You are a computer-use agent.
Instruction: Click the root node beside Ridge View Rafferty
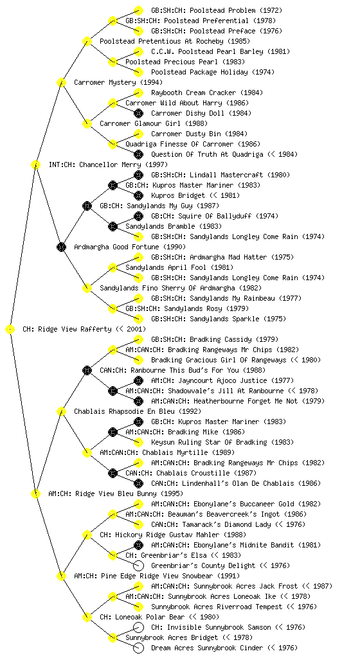coord(10,330)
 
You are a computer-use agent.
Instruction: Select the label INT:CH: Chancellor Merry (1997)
coord(108,164)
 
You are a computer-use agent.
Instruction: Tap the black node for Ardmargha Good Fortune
coord(61,247)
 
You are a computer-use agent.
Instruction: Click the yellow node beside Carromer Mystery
coord(61,82)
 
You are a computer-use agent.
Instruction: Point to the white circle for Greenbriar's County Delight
coord(138,565)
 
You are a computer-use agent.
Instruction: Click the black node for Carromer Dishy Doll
coord(138,113)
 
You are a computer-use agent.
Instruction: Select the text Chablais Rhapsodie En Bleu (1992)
coord(138,411)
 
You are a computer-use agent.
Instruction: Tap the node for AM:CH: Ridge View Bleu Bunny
coord(35,493)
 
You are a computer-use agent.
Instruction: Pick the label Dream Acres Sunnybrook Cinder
coord(207,648)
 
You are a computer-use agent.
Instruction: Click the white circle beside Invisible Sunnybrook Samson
coord(138,627)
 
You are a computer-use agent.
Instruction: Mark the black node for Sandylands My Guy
coord(87,206)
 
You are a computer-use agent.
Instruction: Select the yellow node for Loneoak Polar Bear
coord(87,617)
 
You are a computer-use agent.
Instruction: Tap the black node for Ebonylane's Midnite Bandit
coord(138,545)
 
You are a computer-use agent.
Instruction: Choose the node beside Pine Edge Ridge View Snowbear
coord(61,576)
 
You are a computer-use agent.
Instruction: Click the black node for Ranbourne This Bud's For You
coord(87,370)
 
